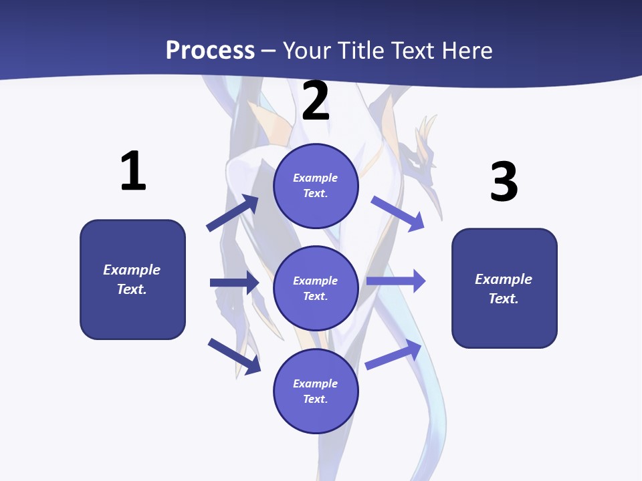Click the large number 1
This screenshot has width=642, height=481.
133,171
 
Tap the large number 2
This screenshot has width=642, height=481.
316,101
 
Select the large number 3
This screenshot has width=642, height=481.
504,182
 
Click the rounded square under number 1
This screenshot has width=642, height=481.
132,279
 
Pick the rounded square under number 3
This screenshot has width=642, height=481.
504,288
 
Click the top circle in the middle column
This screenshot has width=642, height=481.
316,186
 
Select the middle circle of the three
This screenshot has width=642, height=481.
316,288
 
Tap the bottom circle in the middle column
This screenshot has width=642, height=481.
316,391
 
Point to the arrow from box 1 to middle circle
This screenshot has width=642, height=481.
234,283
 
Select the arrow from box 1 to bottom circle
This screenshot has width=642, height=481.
234,356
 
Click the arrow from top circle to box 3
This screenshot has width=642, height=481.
397,213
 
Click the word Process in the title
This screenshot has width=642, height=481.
210,50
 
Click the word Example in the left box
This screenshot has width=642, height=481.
132,270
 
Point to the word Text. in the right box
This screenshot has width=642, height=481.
504,299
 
